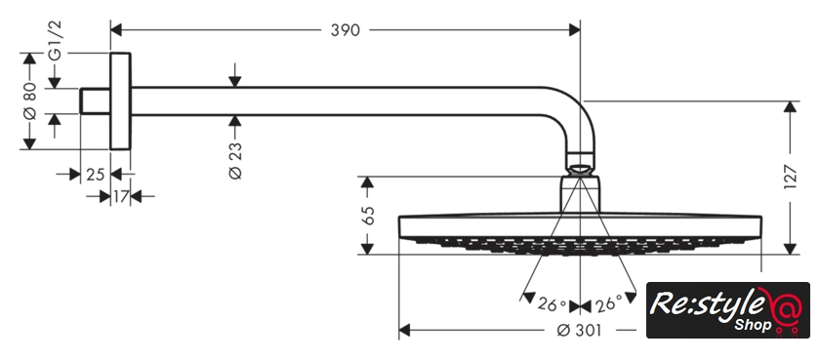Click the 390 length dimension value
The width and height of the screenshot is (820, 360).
coord(346,30)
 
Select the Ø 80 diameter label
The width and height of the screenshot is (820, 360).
coord(30,100)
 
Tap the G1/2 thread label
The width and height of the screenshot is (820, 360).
coord(55,41)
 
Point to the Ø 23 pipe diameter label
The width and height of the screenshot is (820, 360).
coord(235,160)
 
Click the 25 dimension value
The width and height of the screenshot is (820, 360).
coord(96,174)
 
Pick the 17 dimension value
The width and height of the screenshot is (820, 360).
coord(121,196)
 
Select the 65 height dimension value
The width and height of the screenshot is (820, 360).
coord(368,216)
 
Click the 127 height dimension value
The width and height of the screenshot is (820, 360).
coord(791,178)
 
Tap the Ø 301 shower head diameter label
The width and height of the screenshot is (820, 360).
coord(579,330)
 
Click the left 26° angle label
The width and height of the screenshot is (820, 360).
coord(552,304)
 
